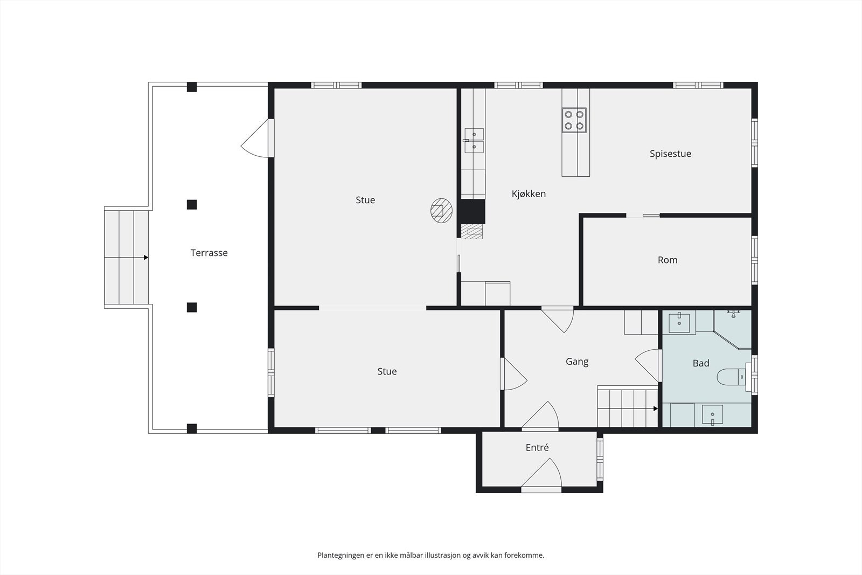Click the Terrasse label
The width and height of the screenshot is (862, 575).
click(x=209, y=253)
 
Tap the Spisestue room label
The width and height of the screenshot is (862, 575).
click(x=670, y=154)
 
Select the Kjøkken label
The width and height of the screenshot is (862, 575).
click(x=529, y=194)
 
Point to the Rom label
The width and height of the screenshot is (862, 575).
click(x=668, y=260)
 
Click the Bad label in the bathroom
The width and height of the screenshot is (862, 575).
click(x=701, y=363)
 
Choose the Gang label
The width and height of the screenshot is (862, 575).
click(x=577, y=362)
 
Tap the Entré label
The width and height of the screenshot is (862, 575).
click(x=537, y=447)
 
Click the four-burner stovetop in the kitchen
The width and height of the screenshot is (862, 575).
click(x=574, y=120)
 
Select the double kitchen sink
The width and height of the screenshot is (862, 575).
click(x=474, y=141)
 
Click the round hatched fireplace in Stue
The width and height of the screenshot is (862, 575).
click(x=441, y=211)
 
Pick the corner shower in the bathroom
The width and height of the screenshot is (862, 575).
click(x=732, y=329)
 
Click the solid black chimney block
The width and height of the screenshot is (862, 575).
click(x=473, y=211)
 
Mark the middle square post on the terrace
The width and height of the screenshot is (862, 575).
click(x=192, y=204)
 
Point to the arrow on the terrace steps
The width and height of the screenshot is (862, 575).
click(x=126, y=258)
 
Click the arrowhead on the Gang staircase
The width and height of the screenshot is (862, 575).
click(x=655, y=408)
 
